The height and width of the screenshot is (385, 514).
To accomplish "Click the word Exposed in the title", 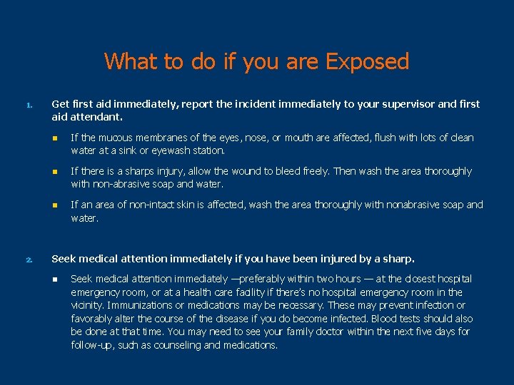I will pos(367,62).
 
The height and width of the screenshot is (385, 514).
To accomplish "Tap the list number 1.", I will pos(29,106).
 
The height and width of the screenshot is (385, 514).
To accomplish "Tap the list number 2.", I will pos(29,260).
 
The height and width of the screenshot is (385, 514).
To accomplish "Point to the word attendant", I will pos(96,116).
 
